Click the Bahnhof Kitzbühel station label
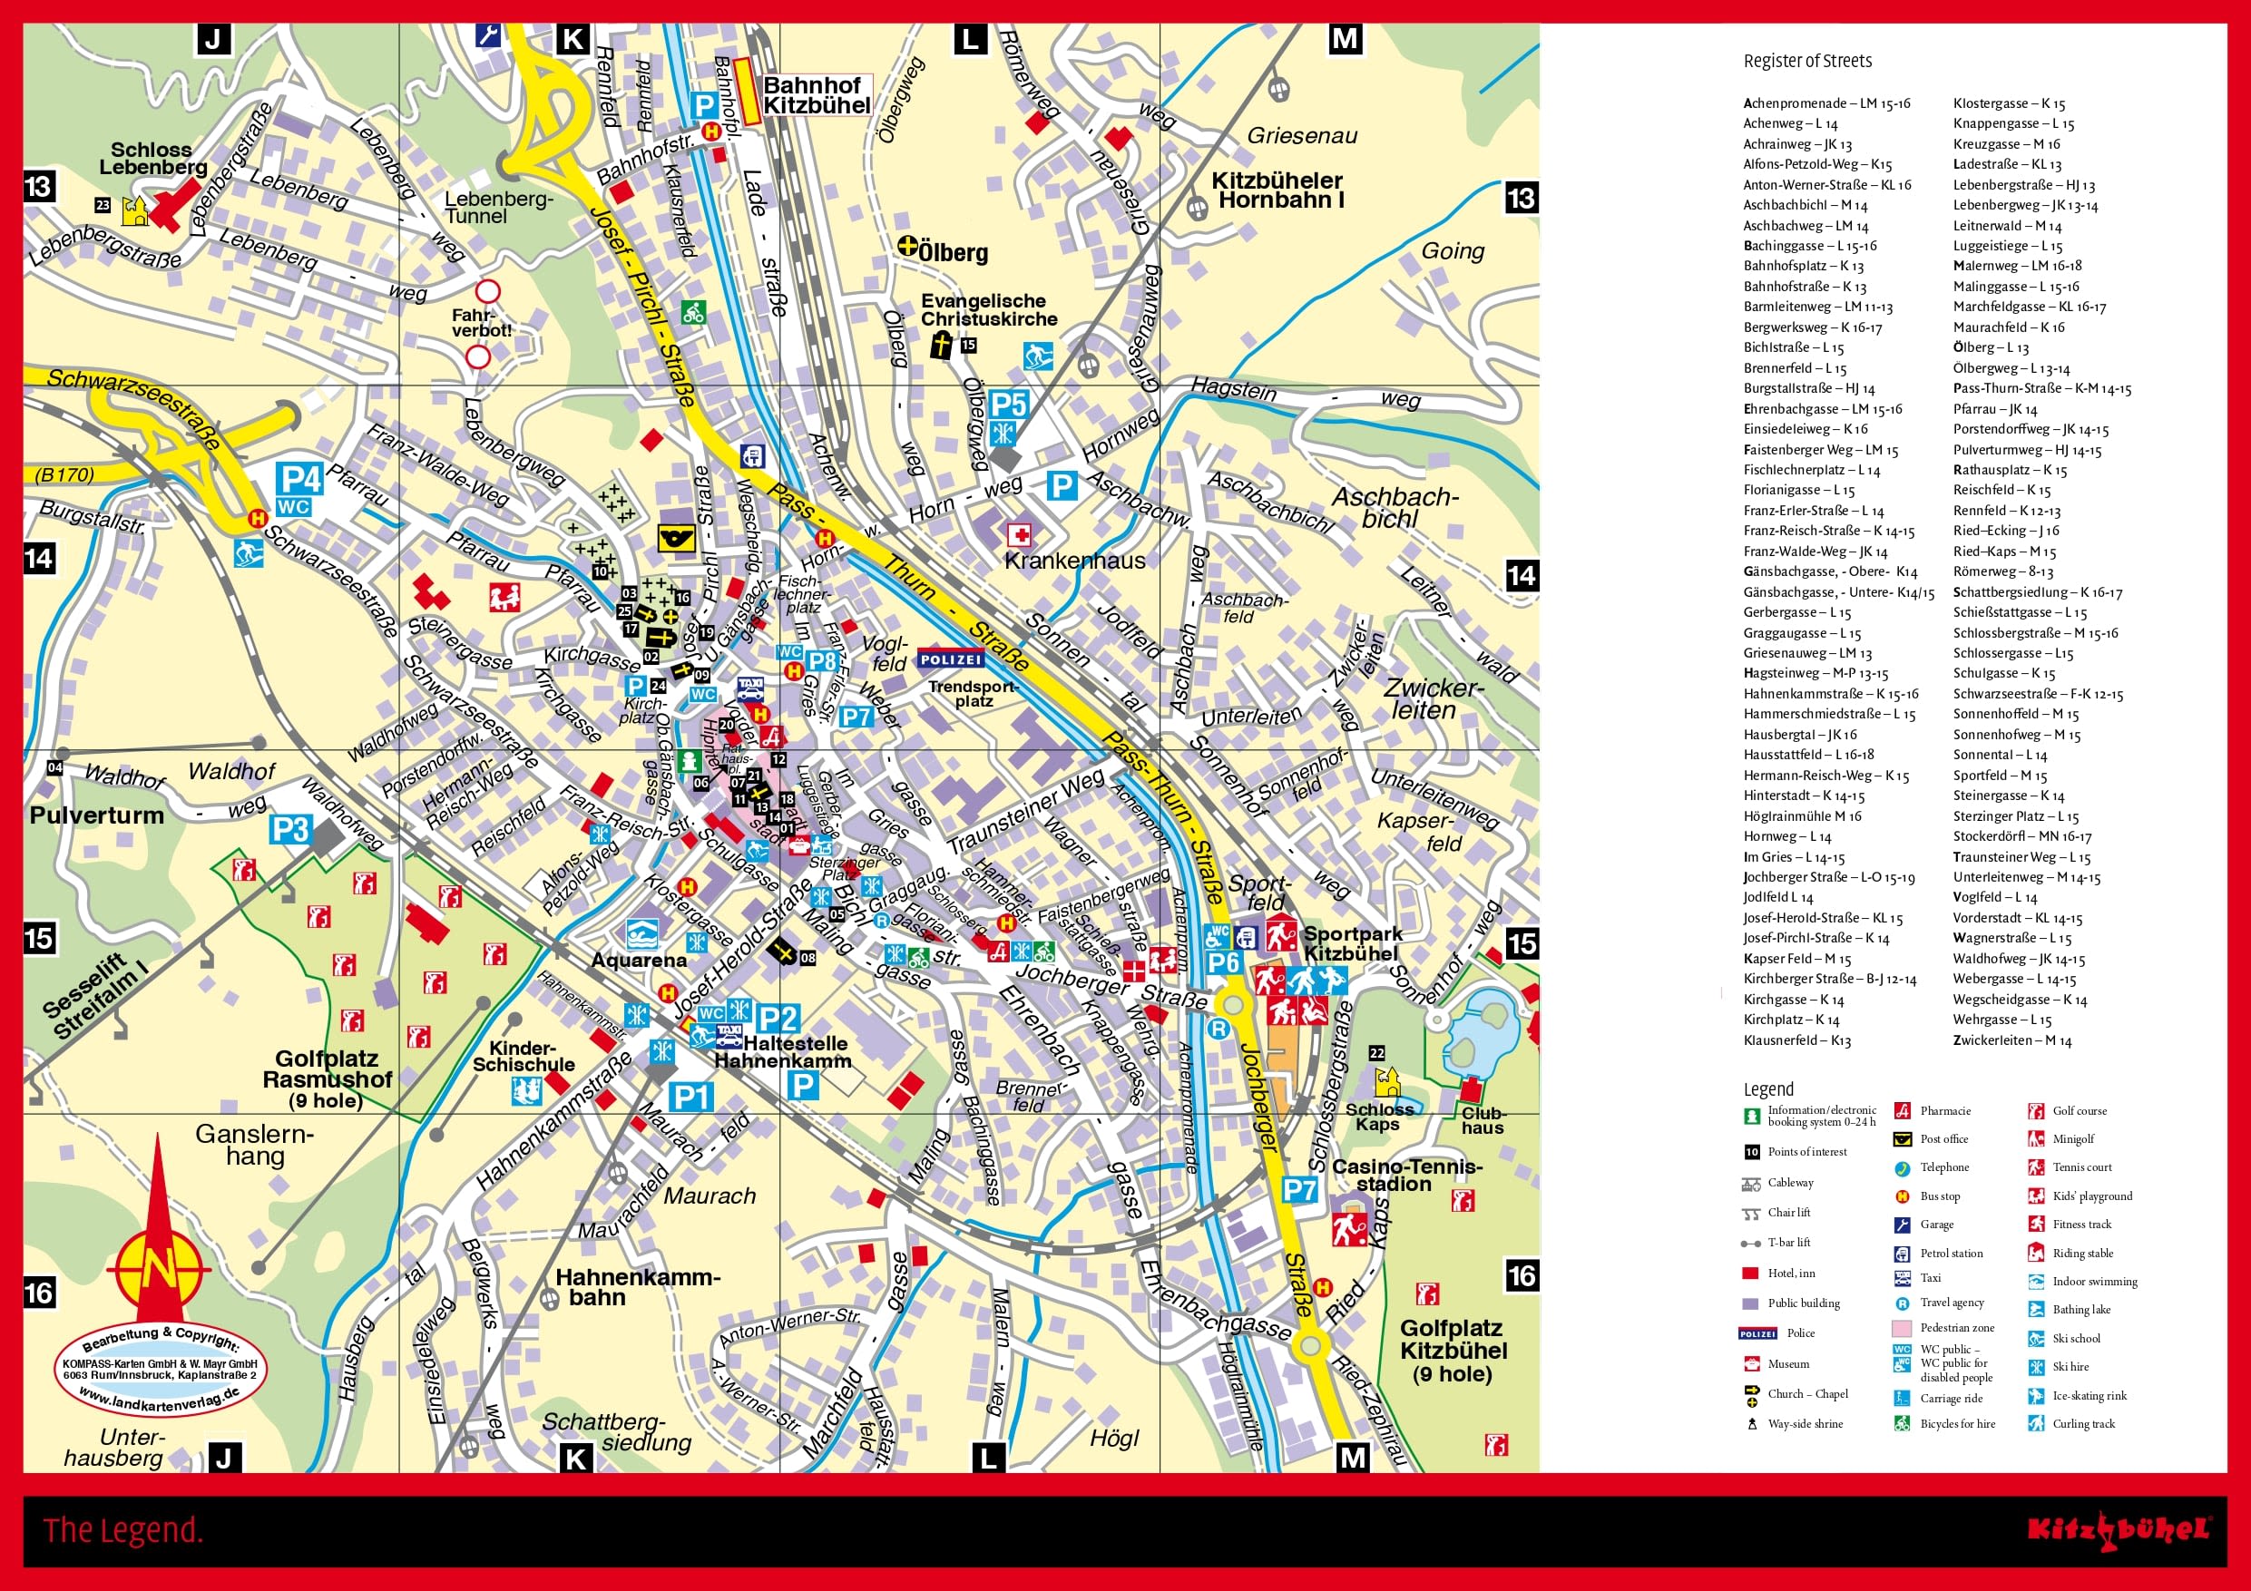pos(816,96)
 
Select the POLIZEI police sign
pos(950,659)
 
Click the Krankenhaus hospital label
pos(1074,561)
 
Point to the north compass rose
pos(158,1265)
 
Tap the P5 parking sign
pos(1008,404)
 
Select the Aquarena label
pos(638,960)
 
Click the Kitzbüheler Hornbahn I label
pos(1277,190)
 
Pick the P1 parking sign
pos(690,1097)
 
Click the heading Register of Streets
pos(1806,61)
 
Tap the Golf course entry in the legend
pos(2080,1110)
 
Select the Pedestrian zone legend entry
pos(1957,1327)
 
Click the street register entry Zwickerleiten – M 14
pos(2011,1040)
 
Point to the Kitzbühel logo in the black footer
pos(2119,1529)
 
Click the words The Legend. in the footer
pos(122,1530)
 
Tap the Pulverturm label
pos(96,815)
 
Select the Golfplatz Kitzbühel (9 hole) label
pos(1453,1351)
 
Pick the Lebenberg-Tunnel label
pos(498,207)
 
